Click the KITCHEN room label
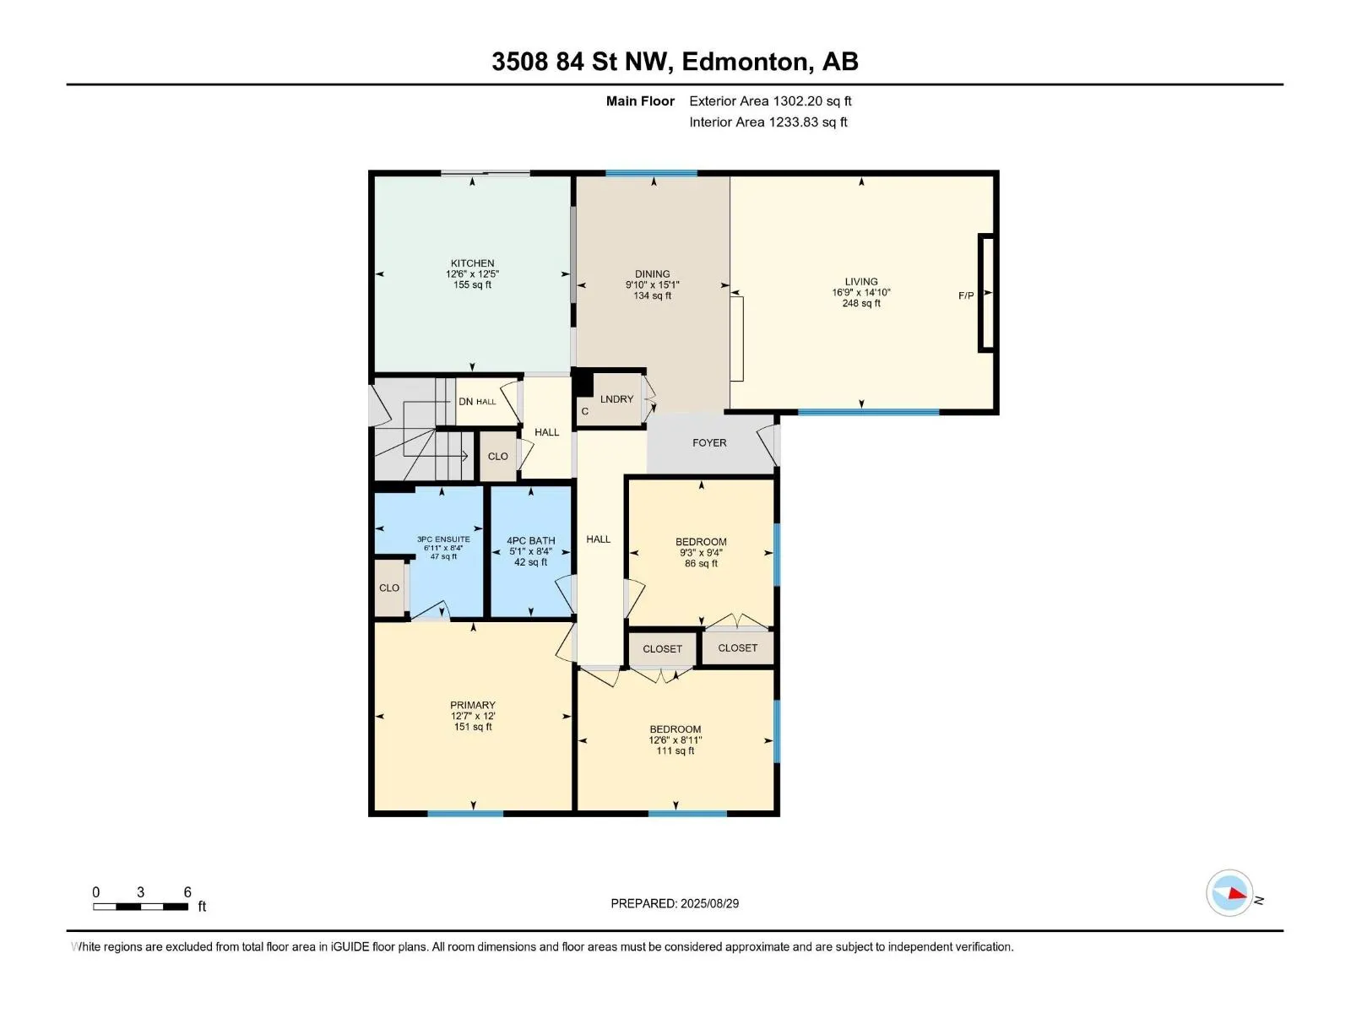point(472,263)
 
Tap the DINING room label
point(653,274)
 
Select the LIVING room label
point(861,282)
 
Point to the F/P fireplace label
point(966,295)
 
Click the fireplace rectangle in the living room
point(987,293)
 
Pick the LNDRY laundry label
point(616,399)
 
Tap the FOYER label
point(709,443)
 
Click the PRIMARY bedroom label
point(473,706)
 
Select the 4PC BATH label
point(530,541)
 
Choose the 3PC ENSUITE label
point(443,539)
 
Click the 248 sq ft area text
point(861,303)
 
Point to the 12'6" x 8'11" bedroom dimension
point(675,740)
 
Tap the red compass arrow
point(1237,894)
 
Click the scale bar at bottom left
point(140,907)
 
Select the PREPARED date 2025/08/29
point(709,903)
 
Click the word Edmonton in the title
point(745,62)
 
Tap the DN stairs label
point(465,402)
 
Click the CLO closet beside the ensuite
point(389,588)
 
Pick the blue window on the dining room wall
point(651,173)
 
